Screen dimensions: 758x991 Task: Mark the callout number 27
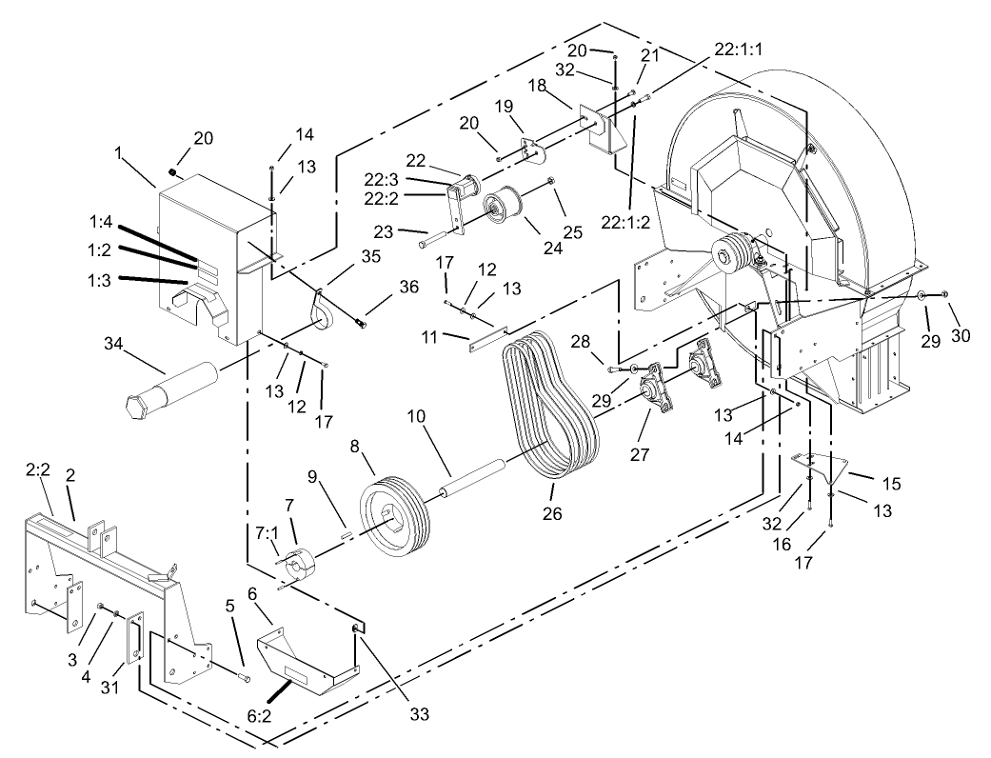639,455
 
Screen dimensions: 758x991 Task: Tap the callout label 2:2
38,469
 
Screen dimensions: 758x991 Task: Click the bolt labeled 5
244,677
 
